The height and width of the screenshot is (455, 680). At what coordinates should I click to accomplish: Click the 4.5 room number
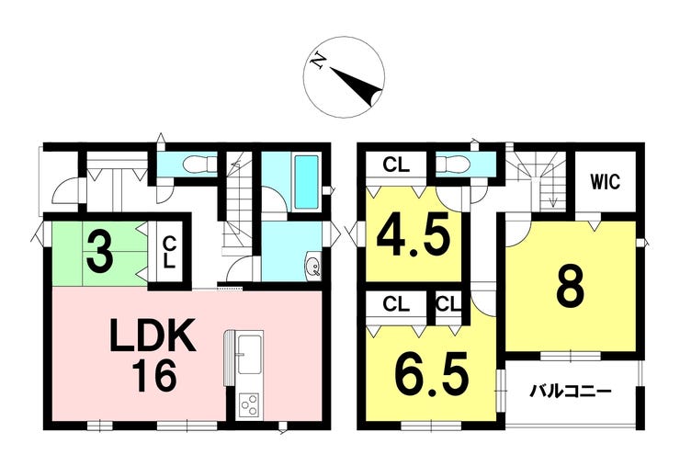click(x=412, y=235)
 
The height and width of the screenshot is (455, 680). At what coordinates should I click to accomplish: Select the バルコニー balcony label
click(x=570, y=391)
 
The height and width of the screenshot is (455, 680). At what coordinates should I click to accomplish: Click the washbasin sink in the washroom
click(x=312, y=267)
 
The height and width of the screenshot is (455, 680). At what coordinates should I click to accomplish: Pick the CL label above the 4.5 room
click(x=395, y=166)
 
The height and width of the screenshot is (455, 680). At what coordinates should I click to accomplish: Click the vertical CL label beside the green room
click(x=169, y=249)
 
